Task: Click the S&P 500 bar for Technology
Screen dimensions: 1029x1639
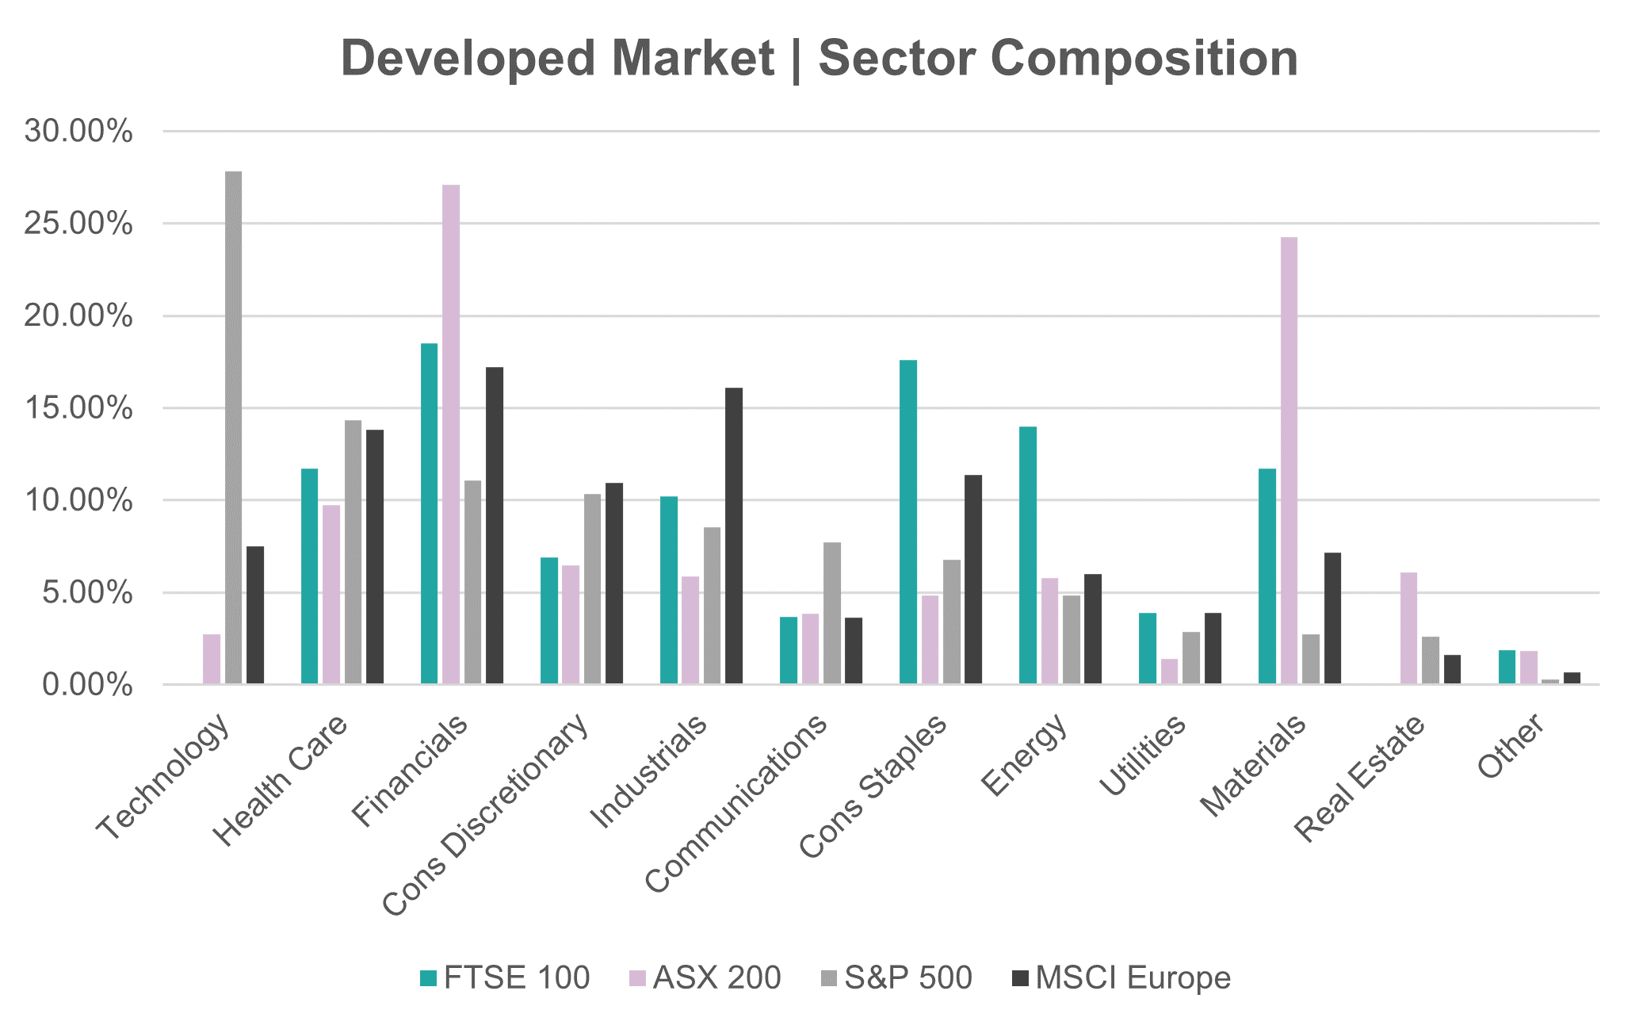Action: [x=233, y=427]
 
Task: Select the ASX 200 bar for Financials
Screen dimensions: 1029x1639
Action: [x=451, y=434]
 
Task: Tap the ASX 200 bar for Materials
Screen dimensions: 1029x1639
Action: [x=1289, y=460]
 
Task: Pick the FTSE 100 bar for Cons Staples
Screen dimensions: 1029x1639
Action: [x=908, y=522]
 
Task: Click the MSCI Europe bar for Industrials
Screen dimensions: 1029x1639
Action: [x=734, y=535]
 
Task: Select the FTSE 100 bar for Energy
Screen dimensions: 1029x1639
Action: [x=1028, y=555]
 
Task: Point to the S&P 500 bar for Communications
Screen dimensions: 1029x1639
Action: [x=832, y=613]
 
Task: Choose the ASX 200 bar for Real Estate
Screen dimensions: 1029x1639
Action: [x=1408, y=628]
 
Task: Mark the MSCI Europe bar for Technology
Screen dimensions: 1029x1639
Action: [x=255, y=614]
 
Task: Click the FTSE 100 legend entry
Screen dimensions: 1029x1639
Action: [x=505, y=977]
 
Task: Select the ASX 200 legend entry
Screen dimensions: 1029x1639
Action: [x=705, y=977]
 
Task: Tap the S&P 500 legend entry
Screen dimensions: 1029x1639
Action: [x=896, y=977]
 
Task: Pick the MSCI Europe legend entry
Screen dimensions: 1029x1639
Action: [x=1121, y=977]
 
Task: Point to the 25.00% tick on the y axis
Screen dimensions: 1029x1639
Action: [x=78, y=224]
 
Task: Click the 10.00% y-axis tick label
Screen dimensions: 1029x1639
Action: [x=78, y=500]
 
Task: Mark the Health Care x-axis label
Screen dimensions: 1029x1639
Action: [x=281, y=780]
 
